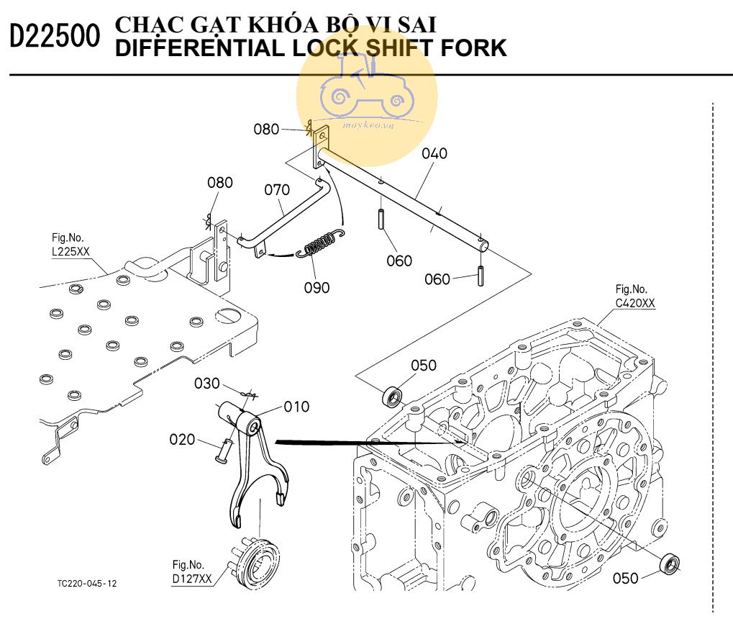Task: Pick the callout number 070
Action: [x=277, y=190]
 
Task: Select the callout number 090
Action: [x=316, y=288]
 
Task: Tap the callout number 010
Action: [x=296, y=407]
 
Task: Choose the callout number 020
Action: [x=183, y=439]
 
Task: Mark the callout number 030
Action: [x=206, y=384]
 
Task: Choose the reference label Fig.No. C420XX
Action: [x=635, y=297]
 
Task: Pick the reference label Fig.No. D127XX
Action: [x=192, y=571]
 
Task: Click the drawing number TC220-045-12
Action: [x=86, y=583]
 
